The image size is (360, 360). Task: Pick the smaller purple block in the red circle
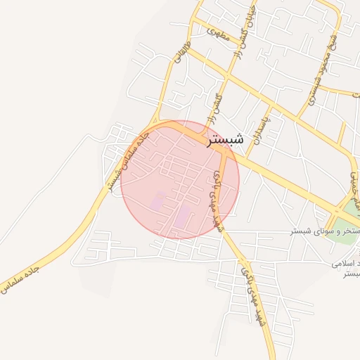tap(158, 200)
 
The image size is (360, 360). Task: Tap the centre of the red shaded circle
tap(180, 179)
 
